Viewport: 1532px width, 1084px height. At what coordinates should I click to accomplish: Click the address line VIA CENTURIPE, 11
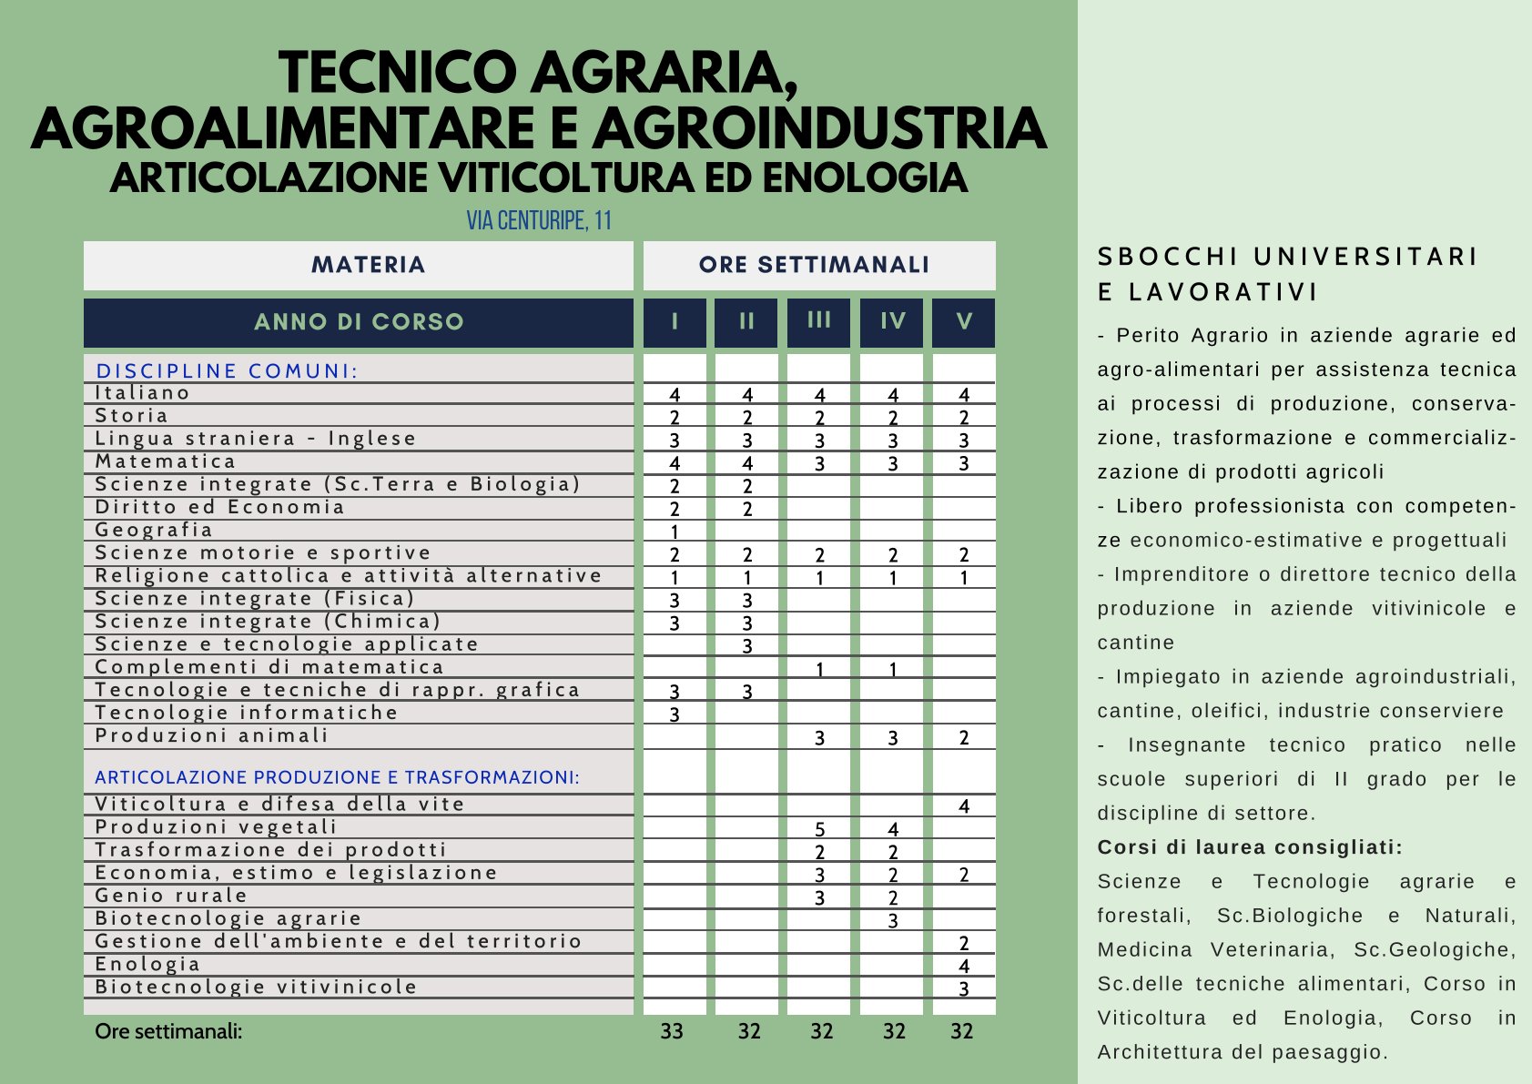539,220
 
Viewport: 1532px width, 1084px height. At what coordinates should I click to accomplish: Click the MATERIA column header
368,265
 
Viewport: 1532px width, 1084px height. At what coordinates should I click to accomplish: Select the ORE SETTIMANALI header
814,265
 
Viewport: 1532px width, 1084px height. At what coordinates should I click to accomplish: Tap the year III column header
819,320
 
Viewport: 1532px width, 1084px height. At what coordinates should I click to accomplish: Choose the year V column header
964,321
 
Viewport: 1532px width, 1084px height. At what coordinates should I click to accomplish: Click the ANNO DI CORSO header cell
359,322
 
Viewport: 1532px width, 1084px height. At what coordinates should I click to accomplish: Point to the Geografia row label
154,530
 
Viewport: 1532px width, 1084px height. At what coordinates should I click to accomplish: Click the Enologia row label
147,964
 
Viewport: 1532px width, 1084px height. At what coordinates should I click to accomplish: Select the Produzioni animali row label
211,735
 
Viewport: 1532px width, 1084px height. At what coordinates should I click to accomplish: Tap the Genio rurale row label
171,896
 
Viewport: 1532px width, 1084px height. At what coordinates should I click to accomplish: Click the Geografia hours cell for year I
675,532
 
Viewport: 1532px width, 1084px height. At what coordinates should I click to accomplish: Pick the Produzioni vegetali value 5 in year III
819,829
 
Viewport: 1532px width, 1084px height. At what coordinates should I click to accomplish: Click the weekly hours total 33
672,1031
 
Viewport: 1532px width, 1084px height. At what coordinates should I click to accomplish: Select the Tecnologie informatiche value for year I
675,714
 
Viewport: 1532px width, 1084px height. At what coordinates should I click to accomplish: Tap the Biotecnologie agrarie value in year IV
892,920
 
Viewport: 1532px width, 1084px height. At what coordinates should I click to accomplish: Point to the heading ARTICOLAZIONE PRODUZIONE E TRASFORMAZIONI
337,777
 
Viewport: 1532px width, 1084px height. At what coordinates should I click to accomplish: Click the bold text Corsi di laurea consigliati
1250,847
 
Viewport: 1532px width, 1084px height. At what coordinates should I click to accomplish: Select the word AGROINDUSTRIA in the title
819,128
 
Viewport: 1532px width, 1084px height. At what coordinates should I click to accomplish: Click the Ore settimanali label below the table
168,1031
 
